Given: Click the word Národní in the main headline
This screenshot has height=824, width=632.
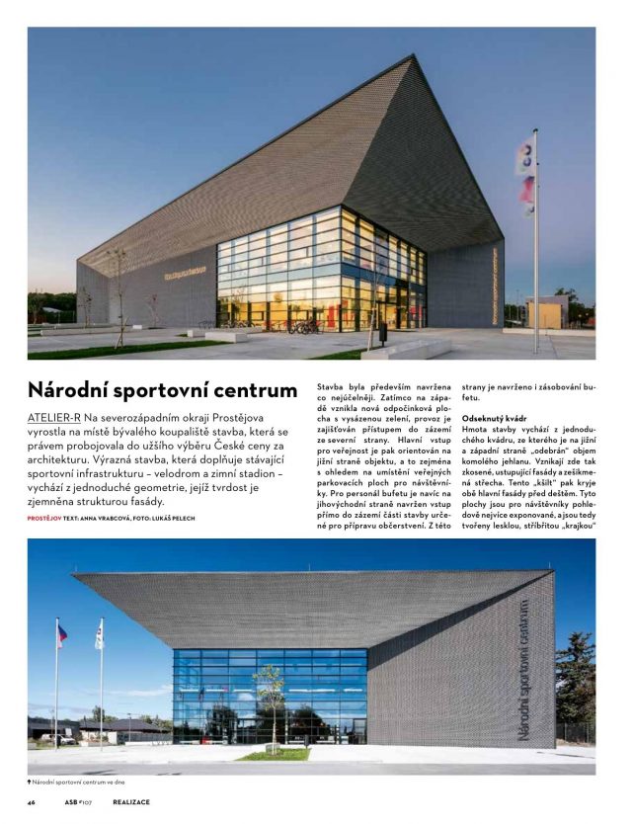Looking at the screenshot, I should coord(70,389).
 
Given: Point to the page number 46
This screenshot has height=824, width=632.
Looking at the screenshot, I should coord(32,801).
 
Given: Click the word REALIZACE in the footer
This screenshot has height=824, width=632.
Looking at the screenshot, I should coord(130,801).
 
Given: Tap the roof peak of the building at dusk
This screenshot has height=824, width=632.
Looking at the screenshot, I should coord(408,58).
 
